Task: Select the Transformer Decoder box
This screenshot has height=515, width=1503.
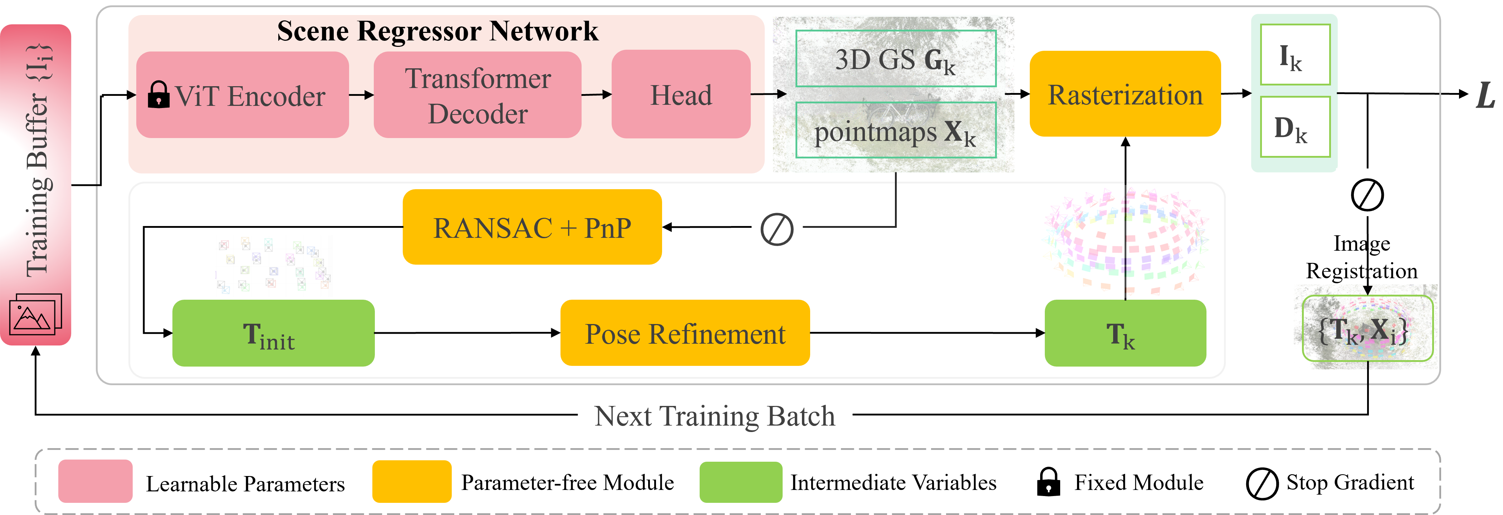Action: tap(477, 95)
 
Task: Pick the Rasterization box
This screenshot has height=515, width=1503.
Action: tap(1125, 94)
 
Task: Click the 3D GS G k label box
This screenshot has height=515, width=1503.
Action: tap(896, 58)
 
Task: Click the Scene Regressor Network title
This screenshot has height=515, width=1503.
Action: tap(437, 31)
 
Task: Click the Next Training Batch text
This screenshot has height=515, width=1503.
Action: tap(715, 416)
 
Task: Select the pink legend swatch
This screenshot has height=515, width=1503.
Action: tap(95, 481)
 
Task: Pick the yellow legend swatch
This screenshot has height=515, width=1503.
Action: tap(412, 481)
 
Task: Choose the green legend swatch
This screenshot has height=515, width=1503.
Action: tap(741, 481)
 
